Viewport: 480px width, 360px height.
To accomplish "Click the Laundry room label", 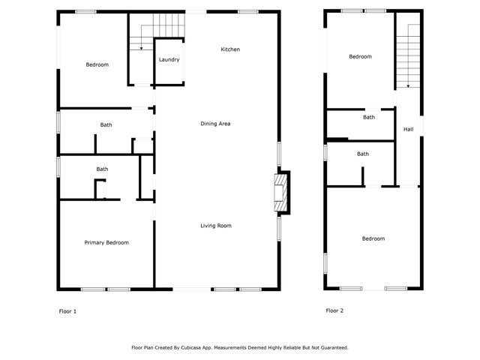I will click(169, 59).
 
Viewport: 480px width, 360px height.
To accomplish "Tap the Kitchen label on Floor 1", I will click(229, 49).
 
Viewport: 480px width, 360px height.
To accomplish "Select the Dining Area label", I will click(214, 123).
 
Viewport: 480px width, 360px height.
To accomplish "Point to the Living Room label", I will click(215, 226).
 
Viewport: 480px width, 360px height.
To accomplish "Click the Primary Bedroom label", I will click(106, 242).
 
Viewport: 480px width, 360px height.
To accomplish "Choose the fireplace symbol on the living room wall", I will click(280, 191).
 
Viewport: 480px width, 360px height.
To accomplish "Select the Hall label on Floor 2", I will click(408, 130).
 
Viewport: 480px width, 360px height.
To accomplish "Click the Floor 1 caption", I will click(67, 310).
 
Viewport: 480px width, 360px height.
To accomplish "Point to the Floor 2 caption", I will click(334, 310).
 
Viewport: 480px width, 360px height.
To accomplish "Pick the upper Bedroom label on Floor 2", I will click(360, 56).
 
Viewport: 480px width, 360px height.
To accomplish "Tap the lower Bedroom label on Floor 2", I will click(373, 238).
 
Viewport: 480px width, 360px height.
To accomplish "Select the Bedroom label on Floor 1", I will click(97, 64).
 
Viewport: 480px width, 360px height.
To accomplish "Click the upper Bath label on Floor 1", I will click(106, 124).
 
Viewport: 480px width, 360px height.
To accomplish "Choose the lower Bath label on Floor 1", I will click(102, 169).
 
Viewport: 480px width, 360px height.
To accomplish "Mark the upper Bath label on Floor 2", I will click(369, 117).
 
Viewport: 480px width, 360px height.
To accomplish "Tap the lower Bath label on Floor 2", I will click(362, 154).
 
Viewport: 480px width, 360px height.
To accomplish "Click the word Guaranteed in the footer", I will click(331, 347).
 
